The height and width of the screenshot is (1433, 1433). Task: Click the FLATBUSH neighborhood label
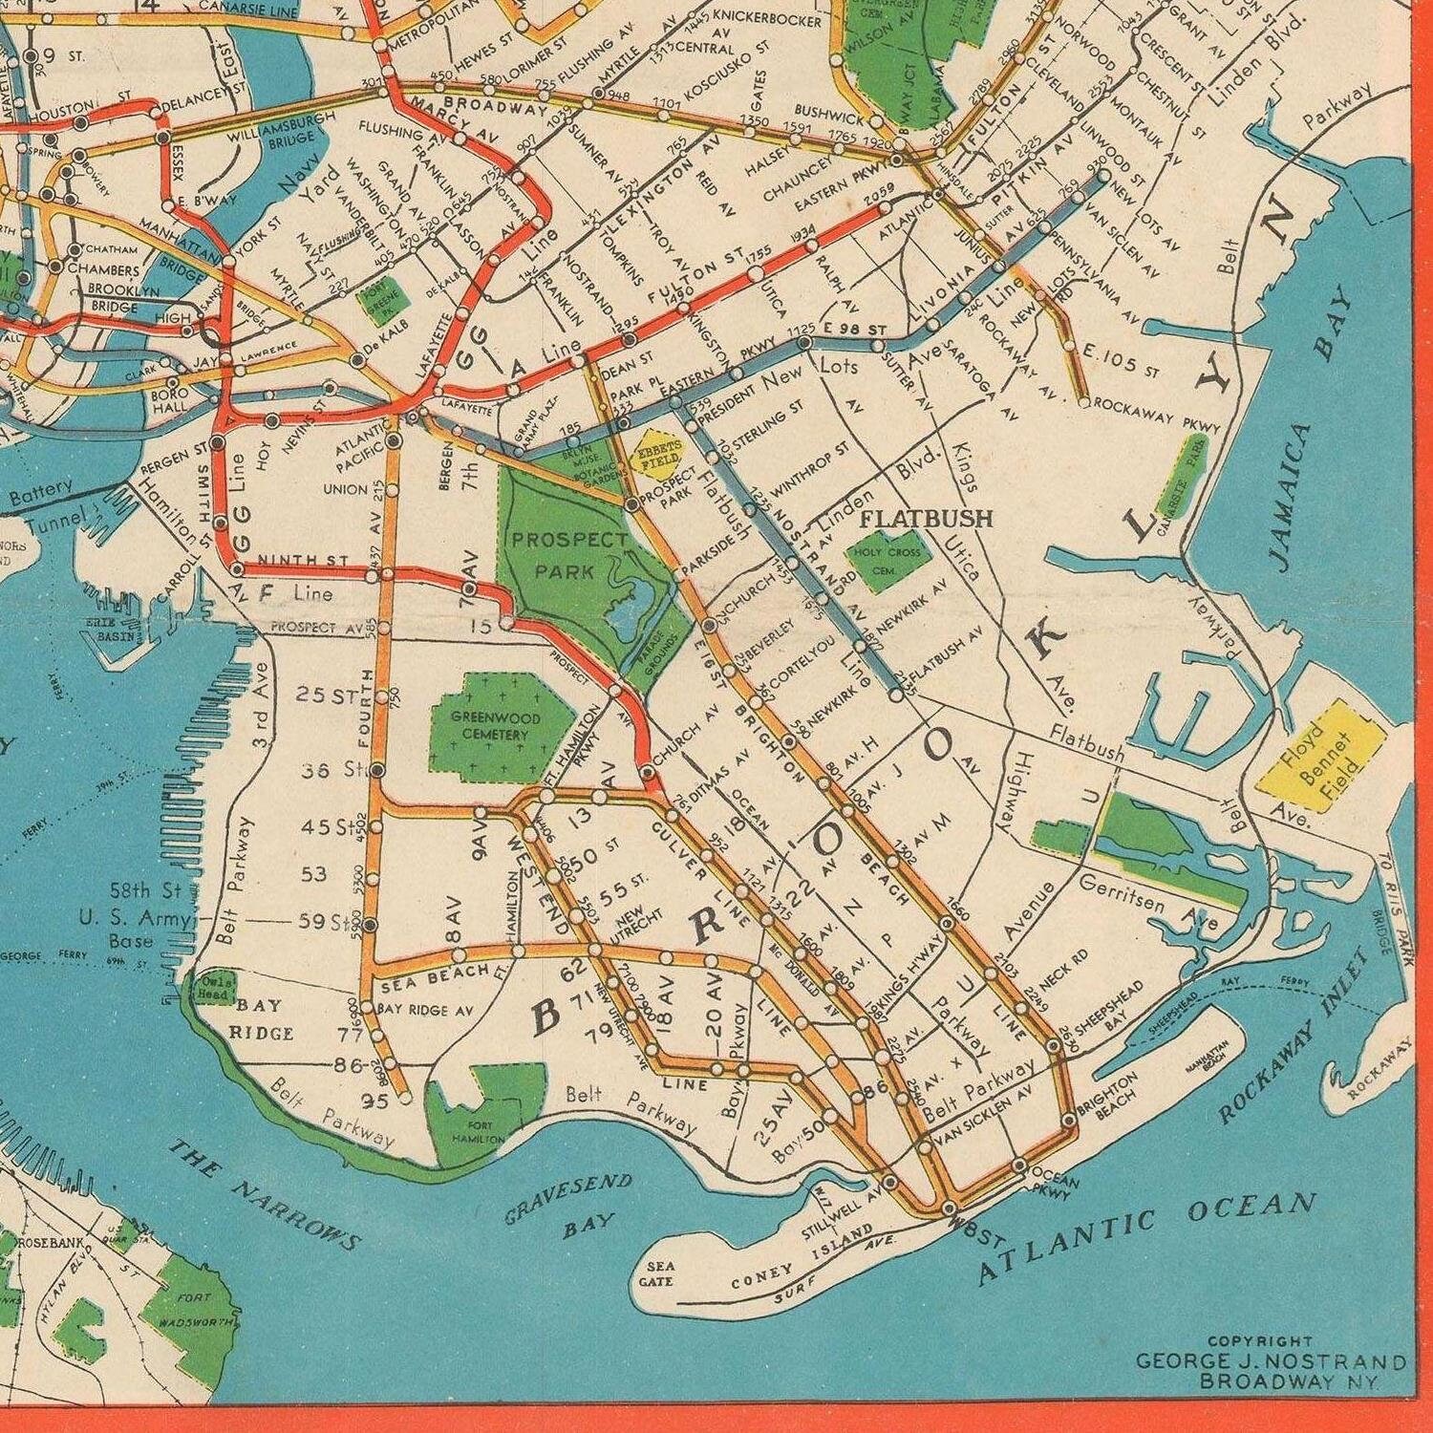[x=927, y=519]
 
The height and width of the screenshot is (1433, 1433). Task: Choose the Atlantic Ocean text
[x=1146, y=1236]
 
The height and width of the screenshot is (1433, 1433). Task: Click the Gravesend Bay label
[x=569, y=1206]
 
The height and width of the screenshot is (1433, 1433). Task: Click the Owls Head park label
[x=213, y=989]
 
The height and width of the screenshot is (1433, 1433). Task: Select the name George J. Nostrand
[x=1270, y=1361]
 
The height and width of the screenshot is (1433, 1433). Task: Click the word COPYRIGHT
[x=1260, y=1341]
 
